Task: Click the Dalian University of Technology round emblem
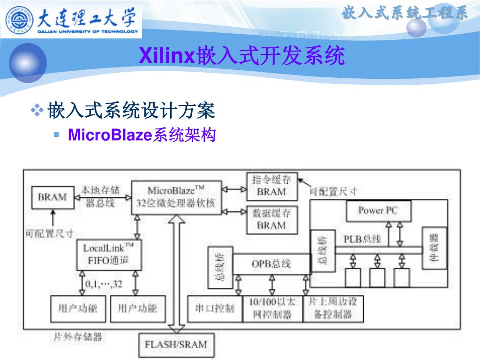coord(20,19)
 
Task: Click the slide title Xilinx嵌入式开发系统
coord(242,56)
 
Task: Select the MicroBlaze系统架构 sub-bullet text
coord(142,135)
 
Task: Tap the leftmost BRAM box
coord(52,197)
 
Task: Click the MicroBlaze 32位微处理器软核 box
coord(176,197)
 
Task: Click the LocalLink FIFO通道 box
coord(109,254)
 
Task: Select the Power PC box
coord(378,210)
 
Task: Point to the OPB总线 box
coord(271,263)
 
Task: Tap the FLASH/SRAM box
coord(176,345)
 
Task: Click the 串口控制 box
coord(214,308)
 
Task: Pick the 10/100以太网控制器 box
coord(272,308)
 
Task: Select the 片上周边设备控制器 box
coord(333,308)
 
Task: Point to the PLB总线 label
coord(362,239)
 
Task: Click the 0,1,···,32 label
coord(104,285)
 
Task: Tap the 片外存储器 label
coord(78,336)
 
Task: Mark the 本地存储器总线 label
coord(100,196)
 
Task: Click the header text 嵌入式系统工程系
coord(405,13)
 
